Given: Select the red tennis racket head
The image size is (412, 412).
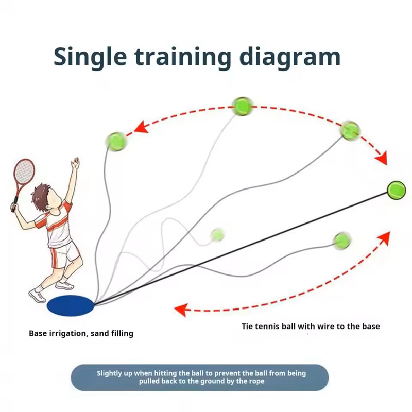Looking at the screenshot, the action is tap(24, 172).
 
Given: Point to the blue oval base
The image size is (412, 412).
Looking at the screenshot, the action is tap(71, 305).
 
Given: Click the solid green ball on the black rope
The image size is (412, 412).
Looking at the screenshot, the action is tap(396, 190).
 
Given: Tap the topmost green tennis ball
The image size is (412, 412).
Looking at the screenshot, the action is tap(243, 106).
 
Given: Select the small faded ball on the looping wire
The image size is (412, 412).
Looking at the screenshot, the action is tap(217, 235).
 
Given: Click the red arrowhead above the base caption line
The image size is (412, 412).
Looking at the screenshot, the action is tap(181, 310).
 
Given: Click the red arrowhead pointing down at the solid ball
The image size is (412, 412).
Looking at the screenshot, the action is tap(382, 159).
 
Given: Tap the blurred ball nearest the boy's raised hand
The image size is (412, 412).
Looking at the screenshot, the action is tap(116, 141).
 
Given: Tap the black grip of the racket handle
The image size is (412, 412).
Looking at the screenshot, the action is tap(14, 203).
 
